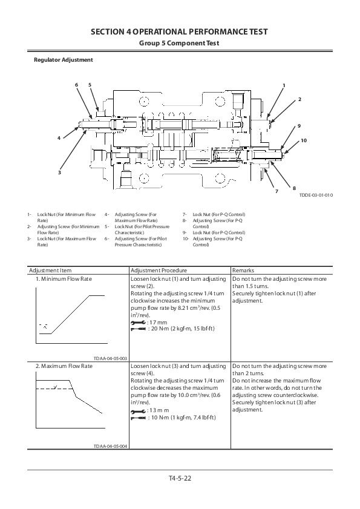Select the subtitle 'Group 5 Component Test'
tap(179, 44)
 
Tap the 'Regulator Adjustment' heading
tap(63, 60)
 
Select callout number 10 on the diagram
tap(303, 140)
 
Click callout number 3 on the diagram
tap(59, 173)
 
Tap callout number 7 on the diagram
tap(276, 191)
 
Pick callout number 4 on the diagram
tap(59, 138)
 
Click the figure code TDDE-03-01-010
tap(316, 195)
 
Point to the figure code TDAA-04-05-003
tap(110, 358)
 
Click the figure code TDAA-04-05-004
tap(110, 446)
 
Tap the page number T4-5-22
tap(180, 478)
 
